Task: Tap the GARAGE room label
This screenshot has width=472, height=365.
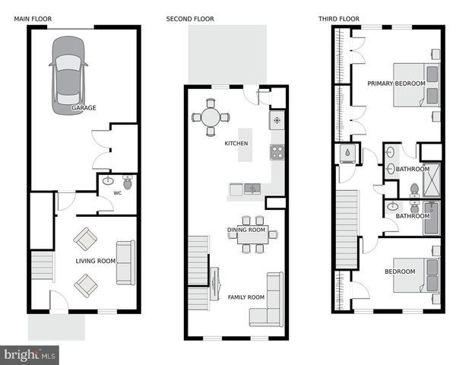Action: tap(84, 109)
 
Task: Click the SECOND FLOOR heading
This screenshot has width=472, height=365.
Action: tap(190, 18)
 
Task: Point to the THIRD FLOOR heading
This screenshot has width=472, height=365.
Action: tap(338, 18)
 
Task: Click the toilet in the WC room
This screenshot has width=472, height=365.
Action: tap(127, 182)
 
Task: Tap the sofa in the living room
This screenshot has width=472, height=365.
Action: tap(125, 262)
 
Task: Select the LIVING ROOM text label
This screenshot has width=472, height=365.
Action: tap(95, 262)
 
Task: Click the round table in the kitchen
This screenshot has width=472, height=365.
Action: tap(211, 117)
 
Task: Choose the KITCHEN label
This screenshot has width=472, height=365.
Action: tap(236, 143)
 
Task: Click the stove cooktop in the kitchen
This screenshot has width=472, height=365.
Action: tap(277, 151)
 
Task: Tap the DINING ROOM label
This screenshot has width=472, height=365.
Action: tap(246, 230)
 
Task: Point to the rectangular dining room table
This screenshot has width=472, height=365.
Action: tap(252, 236)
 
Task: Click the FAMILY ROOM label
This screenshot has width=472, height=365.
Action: tap(246, 297)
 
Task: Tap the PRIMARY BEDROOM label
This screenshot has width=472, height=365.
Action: tap(396, 83)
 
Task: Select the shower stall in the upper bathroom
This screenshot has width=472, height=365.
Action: tap(430, 180)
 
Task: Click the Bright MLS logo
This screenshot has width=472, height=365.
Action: tap(30, 354)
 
